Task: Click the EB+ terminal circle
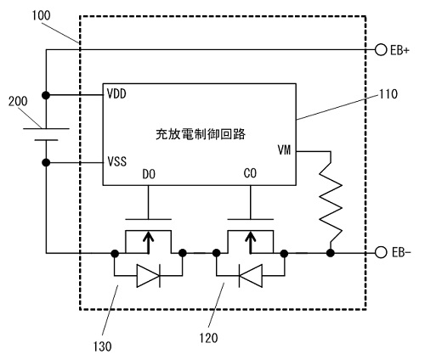pyautogui.click(x=381, y=50)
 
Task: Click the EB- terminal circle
pyautogui.click(x=381, y=252)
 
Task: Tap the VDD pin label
pyautogui.click(x=116, y=94)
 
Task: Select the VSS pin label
pyautogui.click(x=117, y=161)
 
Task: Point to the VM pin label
pyautogui.click(x=284, y=149)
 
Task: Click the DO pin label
pyautogui.click(x=149, y=174)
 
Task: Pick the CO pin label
pyautogui.click(x=250, y=173)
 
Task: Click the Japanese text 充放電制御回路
pyautogui.click(x=201, y=134)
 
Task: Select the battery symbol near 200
pyautogui.click(x=46, y=134)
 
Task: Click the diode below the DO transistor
pyautogui.click(x=149, y=275)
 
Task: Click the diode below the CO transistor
pyautogui.click(x=251, y=275)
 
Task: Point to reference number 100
pyautogui.click(x=41, y=16)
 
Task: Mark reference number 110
pyautogui.click(x=388, y=94)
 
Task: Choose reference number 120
pyautogui.click(x=208, y=338)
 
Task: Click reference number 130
pyautogui.click(x=102, y=346)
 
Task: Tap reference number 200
pyautogui.click(x=18, y=101)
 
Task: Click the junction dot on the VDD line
pyautogui.click(x=46, y=95)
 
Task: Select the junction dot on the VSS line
pyautogui.click(x=46, y=162)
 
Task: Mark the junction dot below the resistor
pyautogui.click(x=330, y=253)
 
